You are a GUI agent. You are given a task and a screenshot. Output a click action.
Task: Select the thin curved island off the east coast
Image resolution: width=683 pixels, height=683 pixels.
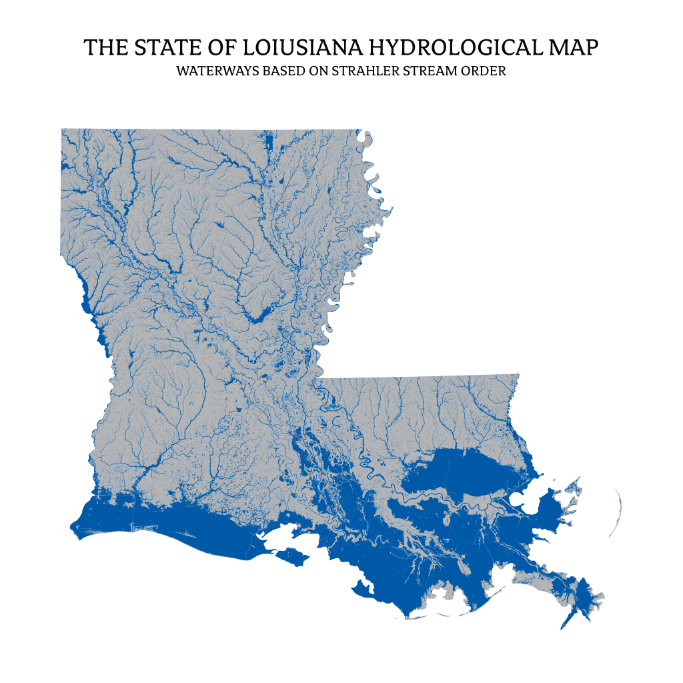[x=617, y=514]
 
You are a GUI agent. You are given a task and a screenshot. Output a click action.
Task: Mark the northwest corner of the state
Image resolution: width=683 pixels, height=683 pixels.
[x=61, y=129]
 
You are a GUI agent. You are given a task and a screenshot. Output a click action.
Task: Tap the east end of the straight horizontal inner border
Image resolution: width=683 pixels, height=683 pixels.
[x=518, y=375]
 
